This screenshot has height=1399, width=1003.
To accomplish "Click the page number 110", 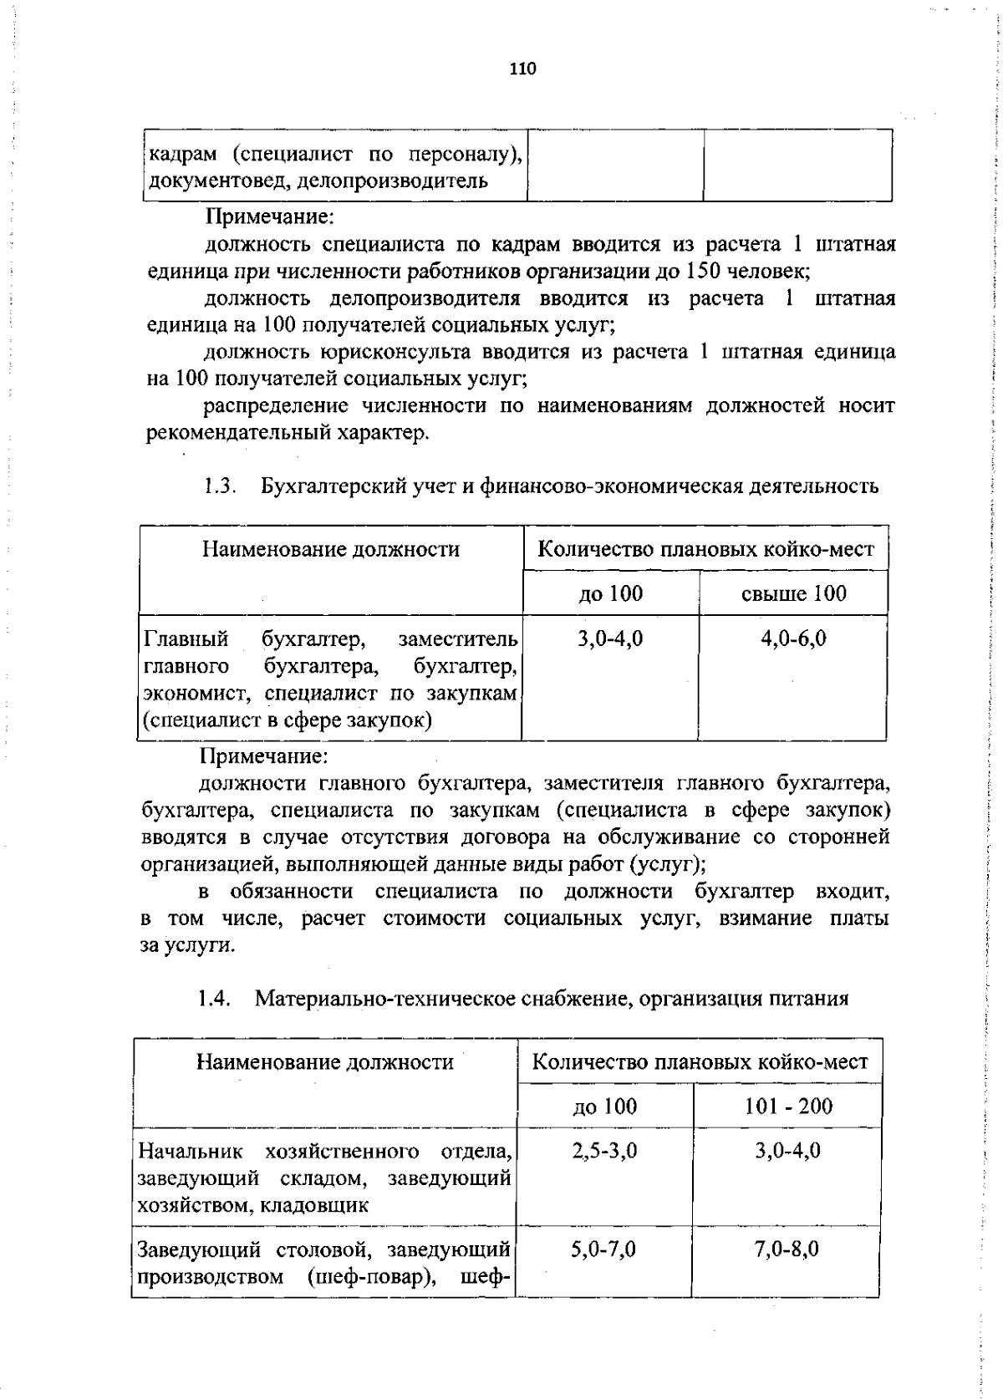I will [522, 69].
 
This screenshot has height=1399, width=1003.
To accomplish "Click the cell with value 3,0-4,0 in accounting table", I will [610, 639].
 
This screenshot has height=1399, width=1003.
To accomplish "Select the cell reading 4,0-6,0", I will [793, 639].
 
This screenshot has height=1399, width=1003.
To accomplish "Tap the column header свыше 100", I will [793, 593].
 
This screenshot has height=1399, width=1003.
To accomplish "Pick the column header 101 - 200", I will [788, 1106].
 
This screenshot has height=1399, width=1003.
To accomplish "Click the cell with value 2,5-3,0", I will [604, 1151].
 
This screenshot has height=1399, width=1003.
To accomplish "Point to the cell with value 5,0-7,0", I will [603, 1249].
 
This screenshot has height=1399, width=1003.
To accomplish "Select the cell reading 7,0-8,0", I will [787, 1249].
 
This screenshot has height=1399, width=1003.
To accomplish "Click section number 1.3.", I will [219, 486].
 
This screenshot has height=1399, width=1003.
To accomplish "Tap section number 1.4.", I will [213, 998].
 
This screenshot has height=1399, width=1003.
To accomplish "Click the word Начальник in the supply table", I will [191, 1151].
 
